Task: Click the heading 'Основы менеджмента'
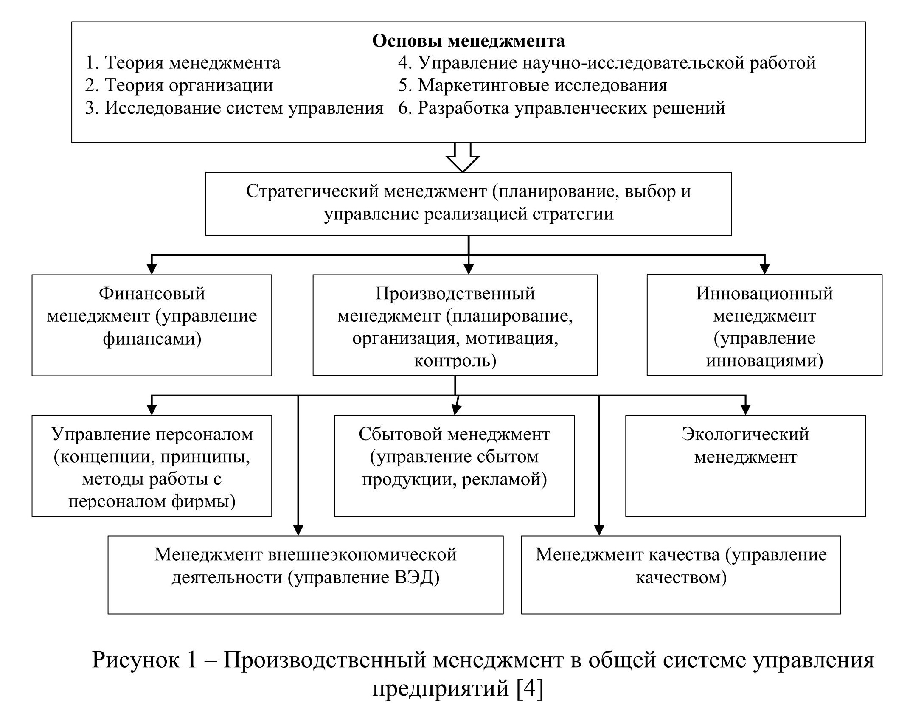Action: click(x=468, y=41)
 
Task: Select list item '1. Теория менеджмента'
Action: click(x=183, y=63)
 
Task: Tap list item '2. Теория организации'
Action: click(x=179, y=85)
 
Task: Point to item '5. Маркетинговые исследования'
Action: click(x=532, y=85)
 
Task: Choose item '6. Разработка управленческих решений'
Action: click(x=562, y=108)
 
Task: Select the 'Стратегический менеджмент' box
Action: click(x=468, y=203)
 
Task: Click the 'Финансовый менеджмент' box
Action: click(x=152, y=325)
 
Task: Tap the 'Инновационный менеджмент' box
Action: click(x=764, y=325)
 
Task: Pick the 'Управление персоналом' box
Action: click(x=152, y=465)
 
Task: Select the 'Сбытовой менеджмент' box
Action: click(x=454, y=465)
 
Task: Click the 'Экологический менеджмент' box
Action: click(x=745, y=465)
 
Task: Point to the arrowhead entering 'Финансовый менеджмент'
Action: click(x=152, y=270)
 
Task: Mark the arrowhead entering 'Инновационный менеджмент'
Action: click(x=764, y=270)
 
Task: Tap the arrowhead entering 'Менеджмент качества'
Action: click(x=599, y=531)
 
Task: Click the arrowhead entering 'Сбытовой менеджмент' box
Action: click(x=455, y=410)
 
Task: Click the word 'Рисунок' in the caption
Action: click(x=135, y=660)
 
